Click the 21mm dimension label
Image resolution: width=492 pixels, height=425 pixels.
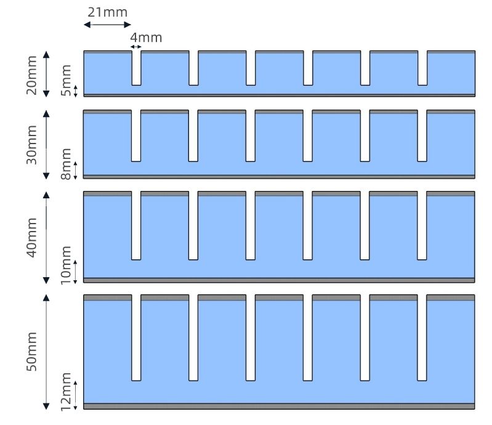[x=107, y=12]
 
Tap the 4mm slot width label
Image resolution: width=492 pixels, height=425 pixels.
[x=147, y=38]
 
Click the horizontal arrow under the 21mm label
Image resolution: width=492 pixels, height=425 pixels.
[x=107, y=25]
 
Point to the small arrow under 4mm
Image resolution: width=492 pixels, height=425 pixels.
[x=136, y=47]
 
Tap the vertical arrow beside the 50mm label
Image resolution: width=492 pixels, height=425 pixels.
[x=46, y=352]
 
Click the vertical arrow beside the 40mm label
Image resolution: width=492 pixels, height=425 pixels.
[x=46, y=237]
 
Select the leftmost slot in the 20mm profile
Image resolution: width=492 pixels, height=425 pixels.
[x=136, y=68]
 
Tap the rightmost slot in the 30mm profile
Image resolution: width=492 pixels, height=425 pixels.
[x=422, y=136]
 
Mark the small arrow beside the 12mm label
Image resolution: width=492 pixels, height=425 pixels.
[x=76, y=395]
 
